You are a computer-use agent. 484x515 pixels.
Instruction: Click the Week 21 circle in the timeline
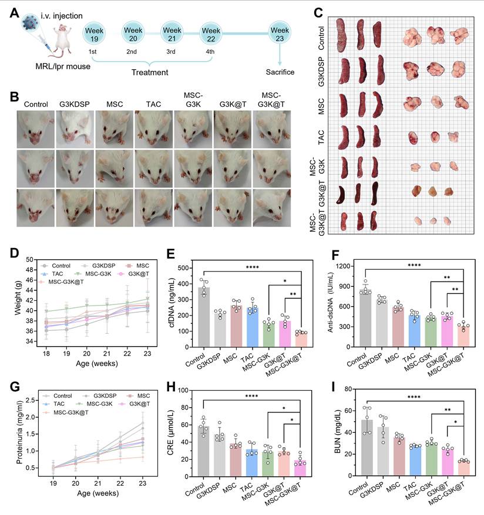(172, 34)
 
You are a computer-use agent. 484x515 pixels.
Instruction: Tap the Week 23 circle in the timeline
(280, 34)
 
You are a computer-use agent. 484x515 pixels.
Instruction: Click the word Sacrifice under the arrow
(280, 72)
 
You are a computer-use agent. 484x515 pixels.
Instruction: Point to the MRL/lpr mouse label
(63, 66)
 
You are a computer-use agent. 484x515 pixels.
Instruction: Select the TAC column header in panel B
(153, 104)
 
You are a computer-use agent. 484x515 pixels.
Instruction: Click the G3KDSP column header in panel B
(75, 104)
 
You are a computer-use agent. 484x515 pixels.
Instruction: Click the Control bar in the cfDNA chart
(204, 317)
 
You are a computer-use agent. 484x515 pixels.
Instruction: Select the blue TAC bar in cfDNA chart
(253, 327)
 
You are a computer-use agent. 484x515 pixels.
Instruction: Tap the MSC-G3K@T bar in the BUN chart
(464, 468)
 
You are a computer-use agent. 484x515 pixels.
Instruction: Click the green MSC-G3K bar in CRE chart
(268, 464)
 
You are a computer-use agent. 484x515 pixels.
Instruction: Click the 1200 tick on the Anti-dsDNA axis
(351, 266)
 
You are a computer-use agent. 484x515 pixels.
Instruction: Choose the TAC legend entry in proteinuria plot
(54, 404)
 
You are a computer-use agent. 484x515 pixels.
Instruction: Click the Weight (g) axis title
(18, 298)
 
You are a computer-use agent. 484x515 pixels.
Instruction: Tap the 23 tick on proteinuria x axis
(142, 483)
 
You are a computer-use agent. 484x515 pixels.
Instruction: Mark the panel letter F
(335, 255)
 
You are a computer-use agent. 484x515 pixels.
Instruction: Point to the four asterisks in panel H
(251, 396)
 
